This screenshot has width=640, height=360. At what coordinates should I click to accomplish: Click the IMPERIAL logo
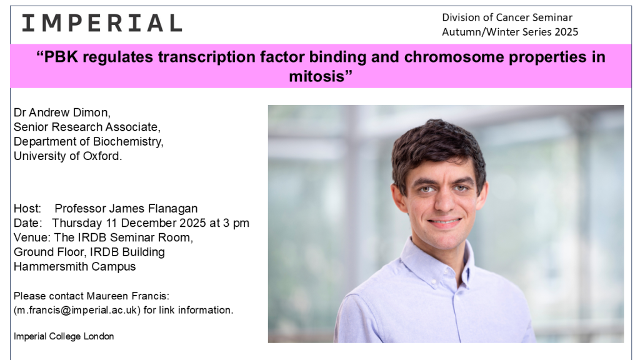(102, 23)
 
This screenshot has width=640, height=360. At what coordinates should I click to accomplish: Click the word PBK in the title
(61, 57)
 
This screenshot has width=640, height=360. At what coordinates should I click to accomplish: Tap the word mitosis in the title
(317, 76)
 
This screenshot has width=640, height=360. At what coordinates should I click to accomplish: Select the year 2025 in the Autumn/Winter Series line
(566, 32)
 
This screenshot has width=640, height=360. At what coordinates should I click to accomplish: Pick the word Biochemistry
(128, 142)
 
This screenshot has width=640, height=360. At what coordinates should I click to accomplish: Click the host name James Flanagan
(153, 209)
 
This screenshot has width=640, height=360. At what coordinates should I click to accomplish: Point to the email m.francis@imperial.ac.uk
(77, 310)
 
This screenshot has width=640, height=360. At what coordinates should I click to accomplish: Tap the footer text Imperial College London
(64, 336)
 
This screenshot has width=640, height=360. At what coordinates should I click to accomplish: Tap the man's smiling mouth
(444, 222)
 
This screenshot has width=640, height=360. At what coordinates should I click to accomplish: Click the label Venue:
(32, 237)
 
